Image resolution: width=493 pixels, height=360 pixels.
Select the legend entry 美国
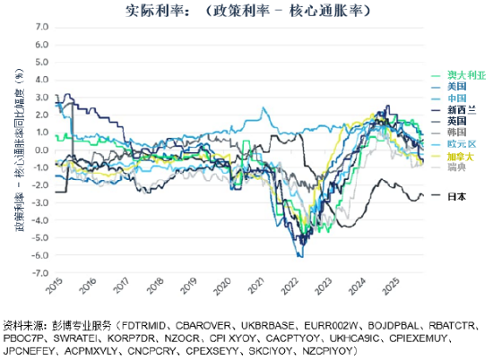pyautogui.click(x=456, y=88)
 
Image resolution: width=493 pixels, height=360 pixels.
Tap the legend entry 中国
pyautogui.click(x=456, y=99)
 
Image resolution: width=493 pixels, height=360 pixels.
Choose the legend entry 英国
pyautogui.click(x=456, y=121)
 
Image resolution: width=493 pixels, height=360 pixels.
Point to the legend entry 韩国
pyautogui.click(x=456, y=133)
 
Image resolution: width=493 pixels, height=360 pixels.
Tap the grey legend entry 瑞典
pyautogui.click(x=456, y=167)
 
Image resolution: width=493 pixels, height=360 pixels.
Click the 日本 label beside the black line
pyautogui.click(x=456, y=195)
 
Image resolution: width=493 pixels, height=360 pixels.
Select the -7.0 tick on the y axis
pyautogui.click(x=41, y=273)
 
